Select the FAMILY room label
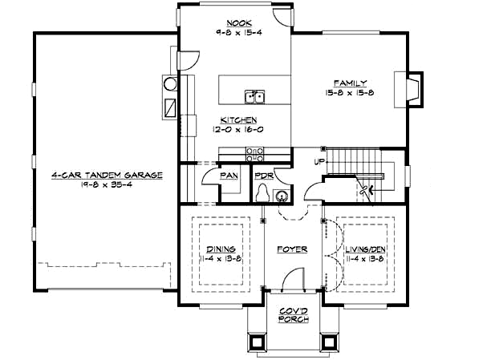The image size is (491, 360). (x=350, y=83)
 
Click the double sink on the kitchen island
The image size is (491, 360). (x=256, y=98)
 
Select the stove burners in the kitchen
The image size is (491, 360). (x=254, y=154)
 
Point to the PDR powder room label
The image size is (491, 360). (x=261, y=176)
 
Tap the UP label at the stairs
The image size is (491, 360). (x=319, y=161)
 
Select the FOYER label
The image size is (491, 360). (x=293, y=249)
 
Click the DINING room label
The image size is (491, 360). (x=220, y=249)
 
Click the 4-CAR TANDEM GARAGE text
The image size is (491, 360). (x=108, y=174)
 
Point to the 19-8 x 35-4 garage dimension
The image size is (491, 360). (x=108, y=184)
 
